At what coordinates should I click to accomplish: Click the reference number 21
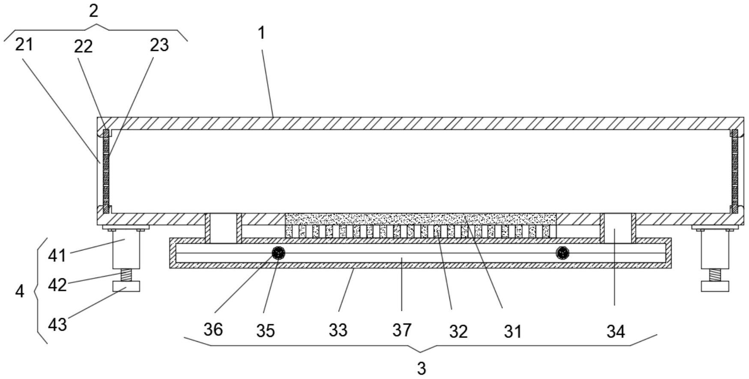coord(24,44)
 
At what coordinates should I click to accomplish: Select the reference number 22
coord(83,46)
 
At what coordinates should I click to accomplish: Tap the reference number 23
coord(159,45)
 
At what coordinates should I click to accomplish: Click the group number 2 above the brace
coord(93,11)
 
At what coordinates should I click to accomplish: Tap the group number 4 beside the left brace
coord(20,292)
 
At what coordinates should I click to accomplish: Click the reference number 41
coord(57,256)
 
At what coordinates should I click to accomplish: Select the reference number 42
coord(57,285)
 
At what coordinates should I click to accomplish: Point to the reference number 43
coord(57,325)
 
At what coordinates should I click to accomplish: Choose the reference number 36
coord(213,330)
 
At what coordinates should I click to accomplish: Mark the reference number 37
coord(402,330)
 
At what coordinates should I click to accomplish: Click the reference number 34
coord(615,331)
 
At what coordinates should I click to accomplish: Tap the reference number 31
coord(513,331)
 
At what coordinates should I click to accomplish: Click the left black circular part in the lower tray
coord(279,253)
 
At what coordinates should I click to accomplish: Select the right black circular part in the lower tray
coord(562,253)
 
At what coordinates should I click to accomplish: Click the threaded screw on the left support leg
coord(126,275)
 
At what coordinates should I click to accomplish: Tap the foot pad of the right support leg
coord(715,286)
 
